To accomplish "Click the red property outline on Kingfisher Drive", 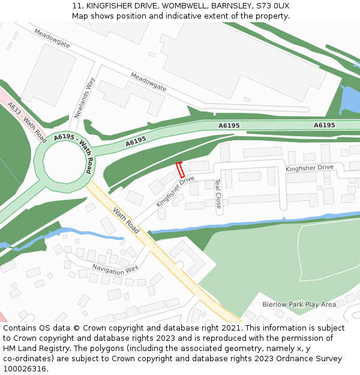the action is tap(179, 169).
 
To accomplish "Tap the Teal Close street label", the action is tap(218, 193).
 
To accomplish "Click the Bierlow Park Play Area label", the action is tap(299, 305).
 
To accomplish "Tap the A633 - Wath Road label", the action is tap(28, 122).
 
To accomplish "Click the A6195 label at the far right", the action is tap(325, 125).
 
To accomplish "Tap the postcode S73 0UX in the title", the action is tap(272, 5).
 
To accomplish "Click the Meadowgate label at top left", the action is tap(52, 39).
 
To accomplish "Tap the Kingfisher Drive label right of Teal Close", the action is tap(309, 168).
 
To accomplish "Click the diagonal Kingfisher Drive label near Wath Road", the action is tap(175, 191).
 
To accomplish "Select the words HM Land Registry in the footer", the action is tap(31, 348).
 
